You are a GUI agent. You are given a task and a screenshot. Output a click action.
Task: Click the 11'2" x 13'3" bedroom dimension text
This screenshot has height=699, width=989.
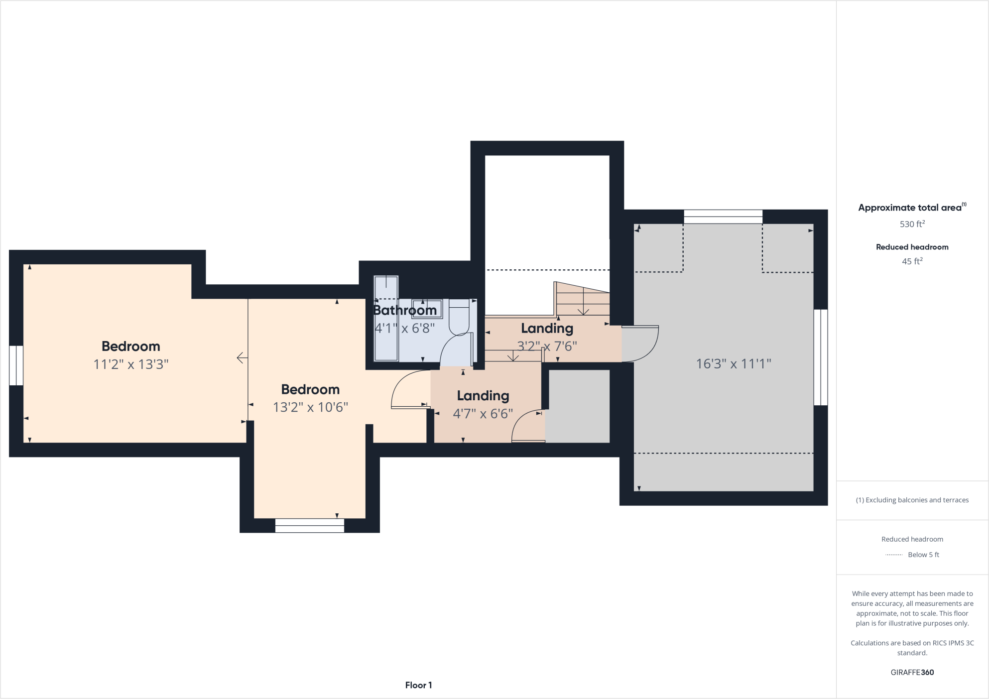pyautogui.click(x=131, y=364)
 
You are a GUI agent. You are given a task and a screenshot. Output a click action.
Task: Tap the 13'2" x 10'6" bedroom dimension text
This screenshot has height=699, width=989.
pyautogui.click(x=310, y=407)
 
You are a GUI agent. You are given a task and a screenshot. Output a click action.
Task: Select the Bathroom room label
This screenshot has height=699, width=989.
pyautogui.click(x=405, y=310)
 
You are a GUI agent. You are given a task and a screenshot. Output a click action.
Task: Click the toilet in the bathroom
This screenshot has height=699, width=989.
pyautogui.click(x=459, y=319)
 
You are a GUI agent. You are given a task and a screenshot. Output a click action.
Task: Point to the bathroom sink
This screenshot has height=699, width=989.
pyautogui.click(x=427, y=309)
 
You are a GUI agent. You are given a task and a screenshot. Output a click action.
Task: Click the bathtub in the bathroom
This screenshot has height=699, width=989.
pyautogui.click(x=386, y=319)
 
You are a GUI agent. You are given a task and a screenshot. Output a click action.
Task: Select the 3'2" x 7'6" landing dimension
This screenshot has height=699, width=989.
pyautogui.click(x=547, y=346)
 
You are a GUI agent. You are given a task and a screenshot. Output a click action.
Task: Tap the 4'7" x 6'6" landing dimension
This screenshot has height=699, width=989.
pyautogui.click(x=483, y=414)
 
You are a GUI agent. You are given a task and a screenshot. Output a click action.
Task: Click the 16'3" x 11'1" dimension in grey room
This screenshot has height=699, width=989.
pyautogui.click(x=733, y=364)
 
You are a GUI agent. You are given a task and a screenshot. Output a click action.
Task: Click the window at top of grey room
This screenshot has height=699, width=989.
pyautogui.click(x=723, y=217)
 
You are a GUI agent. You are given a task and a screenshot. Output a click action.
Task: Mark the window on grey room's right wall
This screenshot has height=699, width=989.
pyautogui.click(x=820, y=357)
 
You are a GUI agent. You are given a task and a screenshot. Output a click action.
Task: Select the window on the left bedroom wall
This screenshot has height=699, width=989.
pyautogui.click(x=16, y=365)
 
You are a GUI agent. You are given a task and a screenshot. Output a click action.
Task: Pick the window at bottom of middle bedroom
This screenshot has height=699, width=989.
pyautogui.click(x=309, y=526)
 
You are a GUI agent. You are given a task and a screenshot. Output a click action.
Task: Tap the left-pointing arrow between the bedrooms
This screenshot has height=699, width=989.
pyautogui.click(x=242, y=357)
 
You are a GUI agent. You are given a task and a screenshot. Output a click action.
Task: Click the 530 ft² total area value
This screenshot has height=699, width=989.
pyautogui.click(x=912, y=224)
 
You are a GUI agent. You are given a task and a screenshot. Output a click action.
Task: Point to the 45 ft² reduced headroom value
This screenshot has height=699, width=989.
pyautogui.click(x=912, y=261)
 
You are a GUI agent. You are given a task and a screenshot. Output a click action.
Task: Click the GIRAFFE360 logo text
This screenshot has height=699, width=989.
pyautogui.click(x=912, y=672)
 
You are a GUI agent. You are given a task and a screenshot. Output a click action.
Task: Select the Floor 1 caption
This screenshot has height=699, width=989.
pyautogui.click(x=418, y=685)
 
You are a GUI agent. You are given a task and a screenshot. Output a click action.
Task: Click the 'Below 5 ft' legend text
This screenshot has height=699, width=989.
pyautogui.click(x=923, y=555)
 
